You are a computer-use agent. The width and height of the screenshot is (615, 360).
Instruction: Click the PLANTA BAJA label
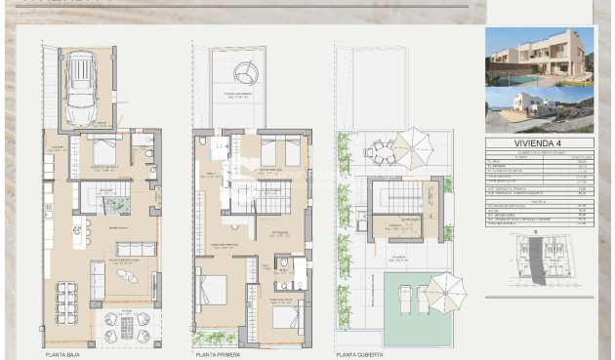tap(63, 354)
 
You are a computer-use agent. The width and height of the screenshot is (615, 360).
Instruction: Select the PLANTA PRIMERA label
tap(218, 354)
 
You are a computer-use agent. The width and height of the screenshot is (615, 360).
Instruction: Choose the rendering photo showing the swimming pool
tap(539, 57)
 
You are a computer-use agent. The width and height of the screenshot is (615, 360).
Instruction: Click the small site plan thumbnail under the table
tap(539, 262)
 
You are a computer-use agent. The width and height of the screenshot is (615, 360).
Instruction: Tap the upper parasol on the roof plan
tap(413, 148)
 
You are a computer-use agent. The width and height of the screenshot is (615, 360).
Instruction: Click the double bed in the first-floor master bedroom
tap(212, 291)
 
